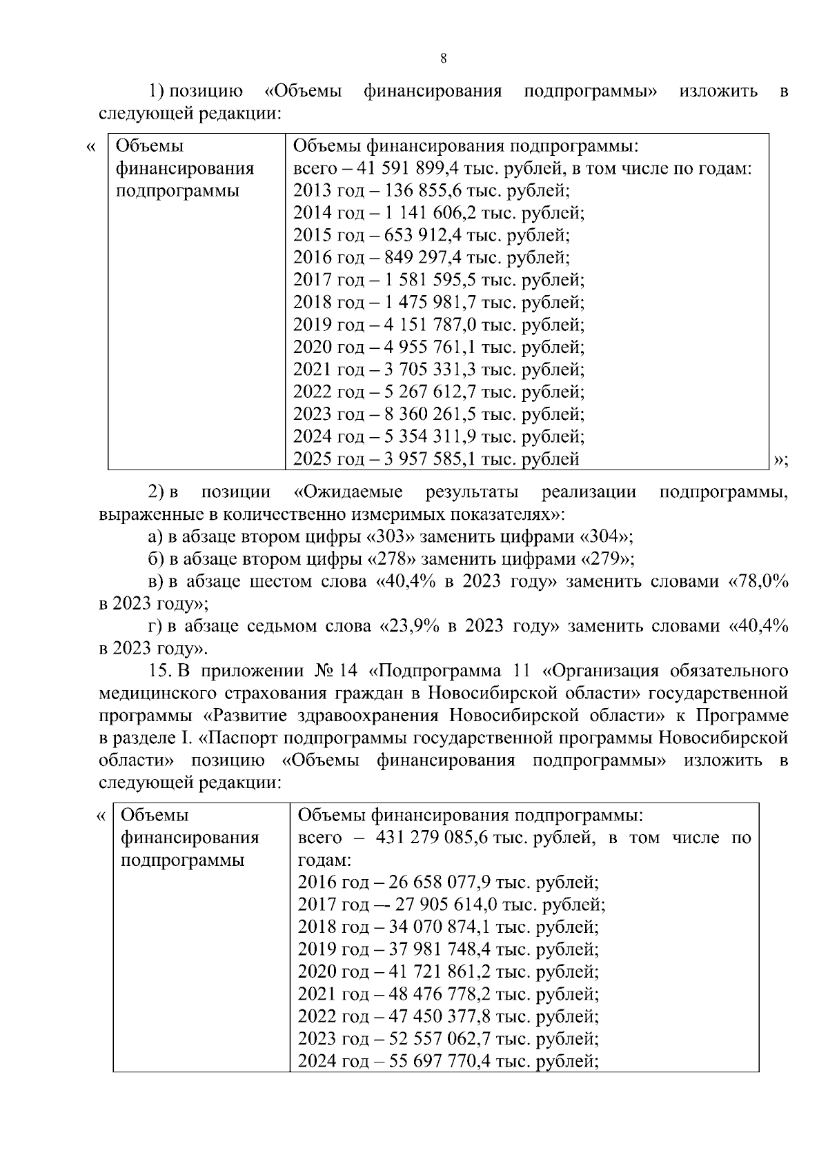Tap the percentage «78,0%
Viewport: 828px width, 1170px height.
point(758,582)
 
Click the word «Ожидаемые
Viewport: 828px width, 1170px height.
point(348,492)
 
